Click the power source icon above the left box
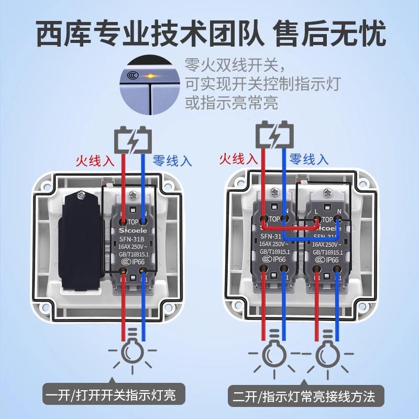point(134,139)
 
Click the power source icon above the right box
point(273,134)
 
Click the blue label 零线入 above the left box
point(172,160)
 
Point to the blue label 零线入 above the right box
point(309,158)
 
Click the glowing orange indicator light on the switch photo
point(151,76)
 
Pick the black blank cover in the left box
point(81,241)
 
